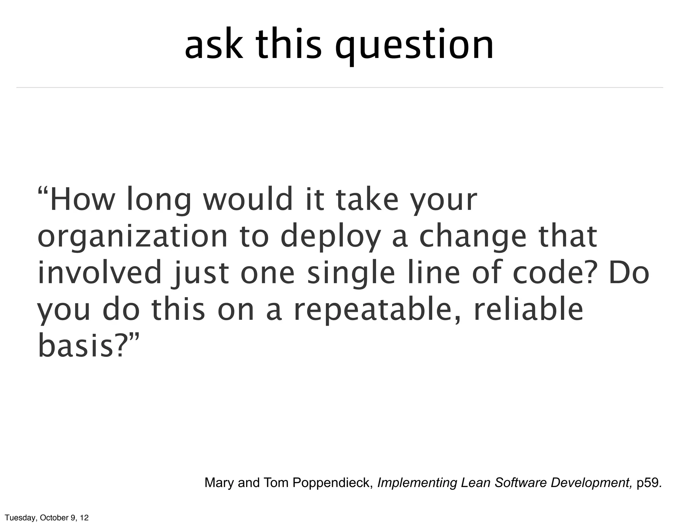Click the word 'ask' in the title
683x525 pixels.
point(214,45)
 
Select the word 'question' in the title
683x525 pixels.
point(414,47)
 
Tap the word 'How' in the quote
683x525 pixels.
point(81,200)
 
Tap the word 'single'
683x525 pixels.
point(351,275)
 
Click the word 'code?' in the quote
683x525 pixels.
point(554,273)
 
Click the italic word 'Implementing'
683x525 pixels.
point(417,483)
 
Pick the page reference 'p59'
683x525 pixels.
point(647,483)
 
